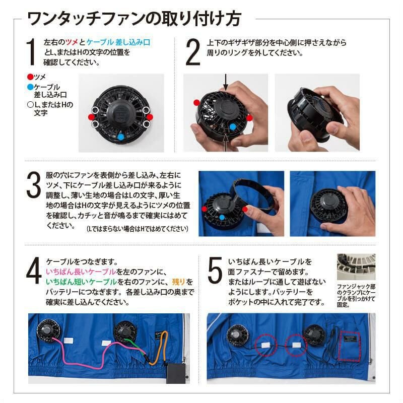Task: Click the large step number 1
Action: click(31, 52)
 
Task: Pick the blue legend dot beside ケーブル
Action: click(30, 87)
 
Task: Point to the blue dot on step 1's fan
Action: click(121, 136)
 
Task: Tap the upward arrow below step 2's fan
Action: click(226, 145)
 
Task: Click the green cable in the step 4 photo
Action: click(139, 348)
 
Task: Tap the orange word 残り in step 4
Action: click(178, 282)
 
